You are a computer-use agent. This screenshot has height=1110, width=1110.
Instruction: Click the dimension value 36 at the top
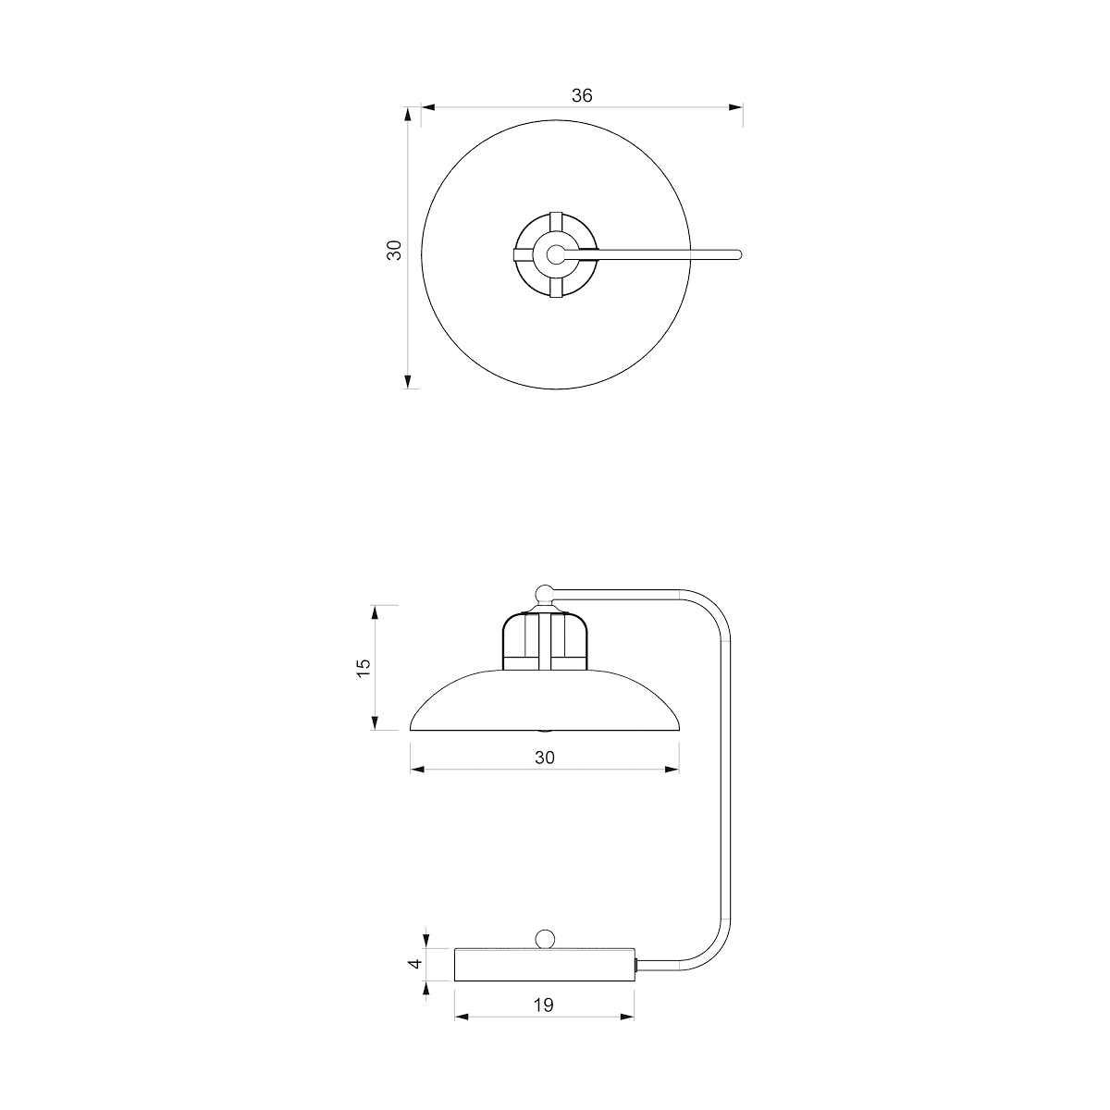point(582,95)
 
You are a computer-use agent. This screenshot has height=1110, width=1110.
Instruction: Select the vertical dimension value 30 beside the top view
point(394,250)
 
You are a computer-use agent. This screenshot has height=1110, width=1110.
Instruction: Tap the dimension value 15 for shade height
point(364,667)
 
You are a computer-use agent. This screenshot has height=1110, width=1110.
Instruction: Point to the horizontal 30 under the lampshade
point(544,758)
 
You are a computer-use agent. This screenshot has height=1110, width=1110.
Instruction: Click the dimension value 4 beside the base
point(415,964)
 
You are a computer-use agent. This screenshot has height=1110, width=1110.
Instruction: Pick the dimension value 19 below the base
point(543,1005)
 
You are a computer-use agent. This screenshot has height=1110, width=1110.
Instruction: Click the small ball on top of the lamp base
point(544,940)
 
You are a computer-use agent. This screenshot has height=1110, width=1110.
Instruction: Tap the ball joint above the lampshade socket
point(544,593)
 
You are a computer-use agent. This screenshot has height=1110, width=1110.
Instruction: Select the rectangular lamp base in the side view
point(545,965)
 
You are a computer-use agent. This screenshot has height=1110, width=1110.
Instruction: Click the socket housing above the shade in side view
point(545,641)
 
